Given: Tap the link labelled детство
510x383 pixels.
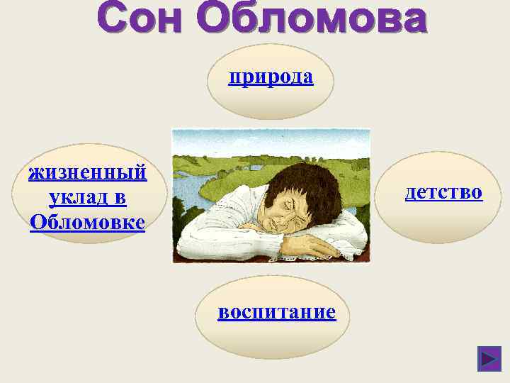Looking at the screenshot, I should click(443, 191).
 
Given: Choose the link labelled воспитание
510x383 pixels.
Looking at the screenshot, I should click(277, 311).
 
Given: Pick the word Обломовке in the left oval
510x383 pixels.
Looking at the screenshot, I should click(88, 222).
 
